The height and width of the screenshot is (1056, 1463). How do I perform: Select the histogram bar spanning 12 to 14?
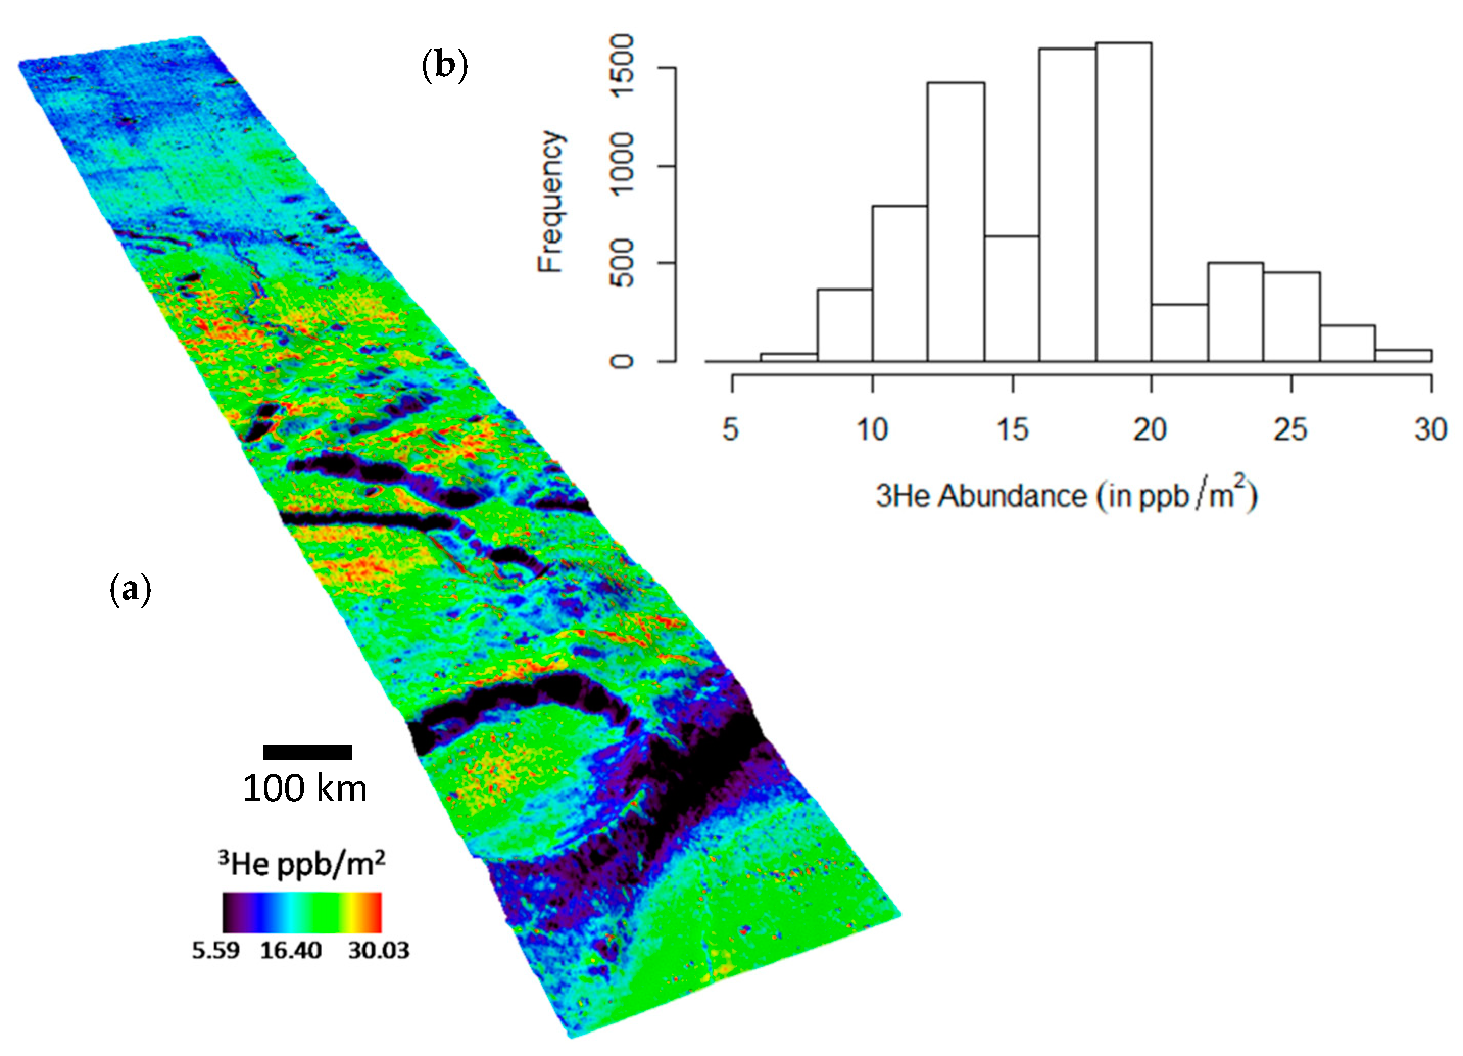click(956, 222)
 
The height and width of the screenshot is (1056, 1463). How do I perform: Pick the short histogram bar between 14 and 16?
click(1011, 299)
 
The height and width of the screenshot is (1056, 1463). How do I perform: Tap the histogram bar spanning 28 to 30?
click(1403, 355)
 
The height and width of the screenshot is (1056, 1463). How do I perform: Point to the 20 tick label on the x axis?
click(1150, 429)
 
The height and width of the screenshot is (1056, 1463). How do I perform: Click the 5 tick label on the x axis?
click(730, 429)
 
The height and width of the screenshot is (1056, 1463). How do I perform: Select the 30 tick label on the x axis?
click(1430, 429)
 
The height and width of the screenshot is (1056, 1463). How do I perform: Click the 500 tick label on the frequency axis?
click(621, 263)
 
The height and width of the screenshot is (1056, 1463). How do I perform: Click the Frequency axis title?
click(551, 202)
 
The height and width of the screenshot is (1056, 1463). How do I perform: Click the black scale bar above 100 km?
click(307, 752)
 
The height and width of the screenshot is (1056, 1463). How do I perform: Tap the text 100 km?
click(304, 788)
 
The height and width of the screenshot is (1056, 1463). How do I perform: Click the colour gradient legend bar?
click(302, 912)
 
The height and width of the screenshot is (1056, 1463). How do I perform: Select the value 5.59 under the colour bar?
click(215, 951)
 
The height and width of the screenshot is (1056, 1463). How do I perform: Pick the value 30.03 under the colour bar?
click(379, 951)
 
